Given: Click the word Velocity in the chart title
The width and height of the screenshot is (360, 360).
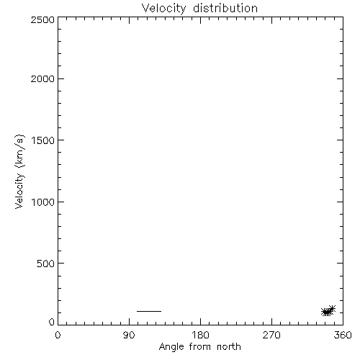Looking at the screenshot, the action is pyautogui.click(x=163, y=9).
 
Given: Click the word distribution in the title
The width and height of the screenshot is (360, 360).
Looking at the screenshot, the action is pyautogui.click(x=225, y=8).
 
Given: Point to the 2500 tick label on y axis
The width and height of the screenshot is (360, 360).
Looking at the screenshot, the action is pyautogui.click(x=42, y=19).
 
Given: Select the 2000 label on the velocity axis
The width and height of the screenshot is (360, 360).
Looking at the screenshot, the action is pyautogui.click(x=42, y=79).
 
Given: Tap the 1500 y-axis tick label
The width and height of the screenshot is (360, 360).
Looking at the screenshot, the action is pyautogui.click(x=43, y=140).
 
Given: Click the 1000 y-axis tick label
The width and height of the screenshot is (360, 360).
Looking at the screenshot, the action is pyautogui.click(x=43, y=202).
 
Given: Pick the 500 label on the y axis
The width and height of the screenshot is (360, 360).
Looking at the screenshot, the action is pyautogui.click(x=46, y=264).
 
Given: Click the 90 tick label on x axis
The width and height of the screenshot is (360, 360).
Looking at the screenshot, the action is pyautogui.click(x=129, y=335).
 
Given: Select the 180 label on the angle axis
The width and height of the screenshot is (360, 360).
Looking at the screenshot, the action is pyautogui.click(x=200, y=335).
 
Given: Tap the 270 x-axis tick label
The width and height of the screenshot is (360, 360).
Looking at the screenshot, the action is pyautogui.click(x=271, y=335).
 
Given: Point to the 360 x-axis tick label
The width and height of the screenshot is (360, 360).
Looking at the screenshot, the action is pyautogui.click(x=343, y=335).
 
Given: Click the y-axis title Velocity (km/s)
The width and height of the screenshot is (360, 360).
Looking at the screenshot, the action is pyautogui.click(x=19, y=171).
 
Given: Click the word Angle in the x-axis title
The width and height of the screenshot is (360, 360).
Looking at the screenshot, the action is pyautogui.click(x=171, y=347).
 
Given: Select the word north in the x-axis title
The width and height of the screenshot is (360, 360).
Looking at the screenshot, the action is pyautogui.click(x=229, y=347).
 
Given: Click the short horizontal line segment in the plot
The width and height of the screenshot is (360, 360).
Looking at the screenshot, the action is pyautogui.click(x=149, y=311).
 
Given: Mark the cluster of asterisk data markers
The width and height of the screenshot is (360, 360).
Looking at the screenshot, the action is pyautogui.click(x=328, y=311).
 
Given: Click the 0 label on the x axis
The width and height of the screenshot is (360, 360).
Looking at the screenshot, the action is pyautogui.click(x=58, y=335).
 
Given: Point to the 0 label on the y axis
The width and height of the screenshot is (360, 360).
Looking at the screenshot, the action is pyautogui.click(x=52, y=322).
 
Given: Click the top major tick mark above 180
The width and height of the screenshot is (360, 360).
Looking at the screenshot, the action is pyautogui.click(x=200, y=20).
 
